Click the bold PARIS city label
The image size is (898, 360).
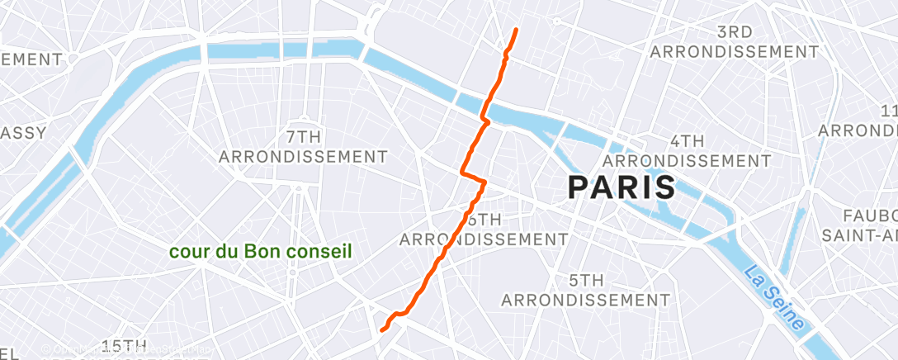(622, 187)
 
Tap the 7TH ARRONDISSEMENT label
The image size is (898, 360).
(304, 144)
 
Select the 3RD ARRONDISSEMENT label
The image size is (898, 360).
(734, 42)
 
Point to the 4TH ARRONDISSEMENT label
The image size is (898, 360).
(688, 149)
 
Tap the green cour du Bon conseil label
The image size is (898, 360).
(261, 250)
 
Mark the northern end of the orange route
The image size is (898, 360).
(517, 30)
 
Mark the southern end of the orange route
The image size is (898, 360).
(382, 330)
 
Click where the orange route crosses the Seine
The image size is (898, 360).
(486, 108)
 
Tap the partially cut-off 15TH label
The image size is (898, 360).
(124, 345)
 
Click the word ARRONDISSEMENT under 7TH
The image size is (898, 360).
(304, 156)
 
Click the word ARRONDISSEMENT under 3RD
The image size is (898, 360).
(734, 52)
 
